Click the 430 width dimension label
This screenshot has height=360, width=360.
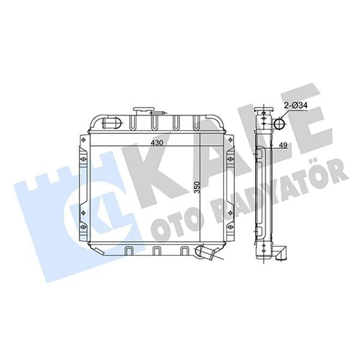click(x=157, y=143)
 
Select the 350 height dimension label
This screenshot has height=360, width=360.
click(x=197, y=187)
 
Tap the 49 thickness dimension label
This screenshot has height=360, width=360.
click(x=283, y=145)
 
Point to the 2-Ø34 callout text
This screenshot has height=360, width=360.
click(x=296, y=105)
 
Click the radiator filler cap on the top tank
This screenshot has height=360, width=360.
click(x=141, y=111)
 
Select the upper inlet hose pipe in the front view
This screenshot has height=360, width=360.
click(x=111, y=123)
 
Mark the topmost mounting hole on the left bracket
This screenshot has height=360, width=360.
click(x=83, y=140)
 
